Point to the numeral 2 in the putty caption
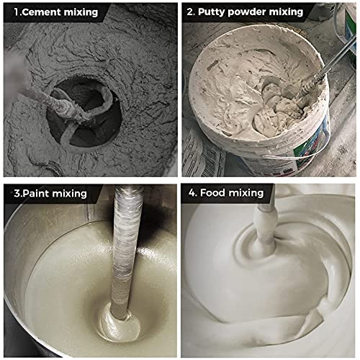(189, 12)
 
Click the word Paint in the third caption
(36, 194)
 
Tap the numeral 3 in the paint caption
(17, 194)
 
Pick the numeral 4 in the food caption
(192, 193)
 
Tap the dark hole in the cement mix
(84, 112)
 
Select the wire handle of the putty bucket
(297, 157)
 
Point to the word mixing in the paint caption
(69, 194)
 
